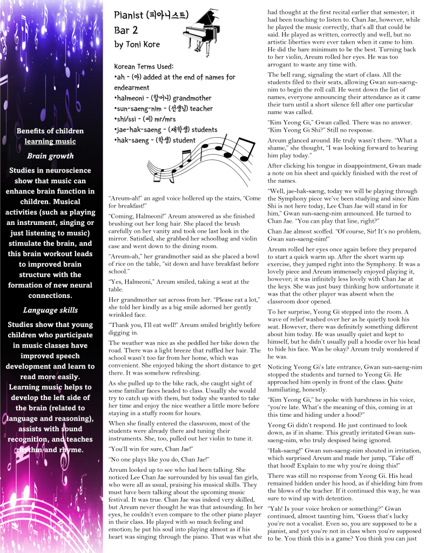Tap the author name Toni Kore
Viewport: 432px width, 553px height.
pos(137,44)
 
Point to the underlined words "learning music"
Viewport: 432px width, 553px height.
pos(50,142)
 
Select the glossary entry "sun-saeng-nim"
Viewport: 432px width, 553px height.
pos(143,108)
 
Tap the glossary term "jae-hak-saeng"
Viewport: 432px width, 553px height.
pos(141,130)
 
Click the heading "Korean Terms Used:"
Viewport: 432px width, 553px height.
pos(143,66)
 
